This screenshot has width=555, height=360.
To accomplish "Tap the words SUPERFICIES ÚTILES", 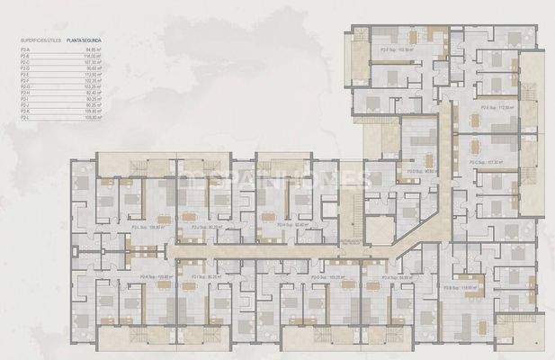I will tap(36, 41).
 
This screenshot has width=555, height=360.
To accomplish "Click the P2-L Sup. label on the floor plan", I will tap(145, 228).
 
